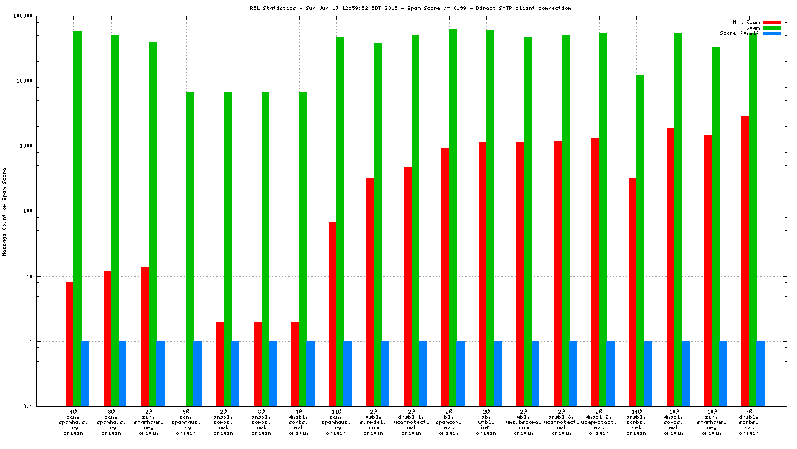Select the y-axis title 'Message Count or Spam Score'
[5, 211]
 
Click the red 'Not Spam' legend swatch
[771, 22]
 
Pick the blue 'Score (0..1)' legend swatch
[771, 33]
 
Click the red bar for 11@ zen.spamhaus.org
[333, 314]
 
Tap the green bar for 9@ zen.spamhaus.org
[190, 249]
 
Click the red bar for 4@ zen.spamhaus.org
[69, 345]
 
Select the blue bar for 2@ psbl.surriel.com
[385, 374]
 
